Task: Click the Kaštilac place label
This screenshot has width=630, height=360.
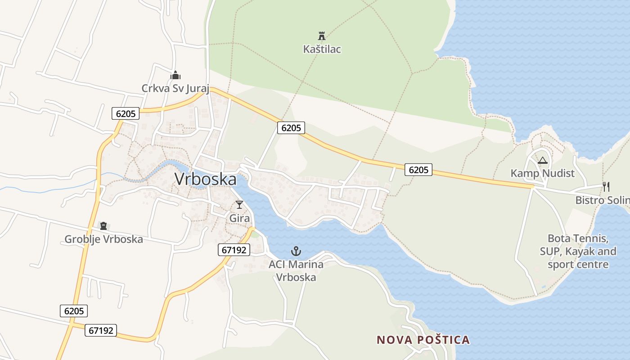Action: pyautogui.click(x=322, y=49)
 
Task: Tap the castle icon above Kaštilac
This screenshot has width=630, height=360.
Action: pyautogui.click(x=322, y=36)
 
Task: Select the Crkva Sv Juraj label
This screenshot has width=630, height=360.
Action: pyautogui.click(x=175, y=88)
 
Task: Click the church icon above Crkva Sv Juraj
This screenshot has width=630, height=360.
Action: pyautogui.click(x=175, y=75)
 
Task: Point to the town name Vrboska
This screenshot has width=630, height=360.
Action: pyautogui.click(x=205, y=179)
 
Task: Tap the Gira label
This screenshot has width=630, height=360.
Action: pyautogui.click(x=239, y=218)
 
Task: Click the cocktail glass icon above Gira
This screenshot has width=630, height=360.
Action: pyautogui.click(x=239, y=205)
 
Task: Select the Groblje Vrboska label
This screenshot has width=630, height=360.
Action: pyautogui.click(x=103, y=239)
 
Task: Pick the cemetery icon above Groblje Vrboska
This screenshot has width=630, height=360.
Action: pyautogui.click(x=103, y=226)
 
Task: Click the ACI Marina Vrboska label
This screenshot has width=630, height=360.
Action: pyautogui.click(x=296, y=270)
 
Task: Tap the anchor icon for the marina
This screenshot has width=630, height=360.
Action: pyautogui.click(x=296, y=251)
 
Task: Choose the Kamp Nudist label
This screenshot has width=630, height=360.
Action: pyautogui.click(x=542, y=173)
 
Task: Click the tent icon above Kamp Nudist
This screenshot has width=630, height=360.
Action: pyautogui.click(x=543, y=160)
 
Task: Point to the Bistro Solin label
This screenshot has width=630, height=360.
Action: pyautogui.click(x=602, y=200)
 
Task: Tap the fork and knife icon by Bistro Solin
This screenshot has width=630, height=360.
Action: pyautogui.click(x=606, y=186)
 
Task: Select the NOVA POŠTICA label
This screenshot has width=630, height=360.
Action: pyautogui.click(x=423, y=340)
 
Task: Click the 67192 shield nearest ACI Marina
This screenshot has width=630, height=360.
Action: pyautogui.click(x=234, y=250)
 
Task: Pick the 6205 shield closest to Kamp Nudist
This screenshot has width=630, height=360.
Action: pyautogui.click(x=418, y=170)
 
